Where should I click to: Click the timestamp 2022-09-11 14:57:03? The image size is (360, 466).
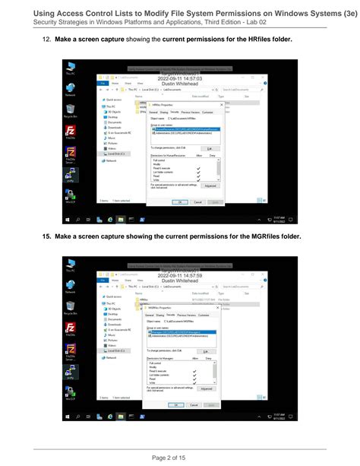click(179, 78)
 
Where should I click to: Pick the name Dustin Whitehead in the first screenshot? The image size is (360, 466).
click(179, 84)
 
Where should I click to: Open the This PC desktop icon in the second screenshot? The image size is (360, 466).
click(71, 265)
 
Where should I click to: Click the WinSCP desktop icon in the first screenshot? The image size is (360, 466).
click(71, 197)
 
